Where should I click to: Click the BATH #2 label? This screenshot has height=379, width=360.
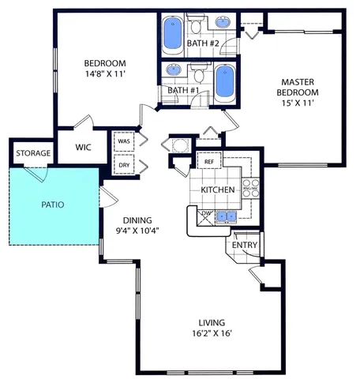pyautogui.click(x=203, y=43)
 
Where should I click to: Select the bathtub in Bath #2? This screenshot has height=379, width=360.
pyautogui.click(x=171, y=34)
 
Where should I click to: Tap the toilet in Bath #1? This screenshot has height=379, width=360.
pyautogui.click(x=198, y=76)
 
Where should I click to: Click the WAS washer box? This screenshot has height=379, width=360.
pyautogui.click(x=124, y=143)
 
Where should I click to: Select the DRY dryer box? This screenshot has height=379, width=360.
pyautogui.click(x=124, y=165)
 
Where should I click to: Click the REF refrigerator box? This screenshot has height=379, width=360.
pyautogui.click(x=209, y=161)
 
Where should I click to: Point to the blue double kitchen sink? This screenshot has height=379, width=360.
pyautogui.click(x=226, y=216)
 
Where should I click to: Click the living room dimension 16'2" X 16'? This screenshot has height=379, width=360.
pyautogui.click(x=212, y=334)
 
